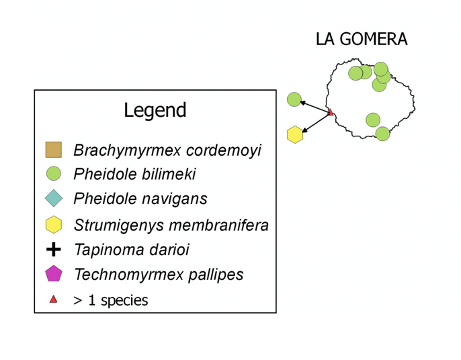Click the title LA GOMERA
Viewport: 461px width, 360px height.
(361, 39)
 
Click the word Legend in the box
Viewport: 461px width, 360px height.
(155, 110)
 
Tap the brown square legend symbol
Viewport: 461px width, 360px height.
(53, 150)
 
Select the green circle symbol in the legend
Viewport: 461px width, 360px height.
(53, 174)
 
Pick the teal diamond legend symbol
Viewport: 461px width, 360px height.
(53, 198)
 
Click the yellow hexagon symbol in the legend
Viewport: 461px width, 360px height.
(53, 224)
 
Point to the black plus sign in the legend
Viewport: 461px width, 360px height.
(53, 250)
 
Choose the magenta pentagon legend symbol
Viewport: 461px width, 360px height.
(53, 274)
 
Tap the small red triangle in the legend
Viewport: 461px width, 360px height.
(53, 300)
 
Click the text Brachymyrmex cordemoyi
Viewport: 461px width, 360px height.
(167, 150)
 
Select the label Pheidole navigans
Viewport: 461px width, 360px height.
(140, 199)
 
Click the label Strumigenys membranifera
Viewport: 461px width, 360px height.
(171, 225)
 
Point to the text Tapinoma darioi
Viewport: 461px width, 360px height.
(131, 250)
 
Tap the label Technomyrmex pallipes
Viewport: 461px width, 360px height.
(159, 275)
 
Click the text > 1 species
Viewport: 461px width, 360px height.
(110, 300)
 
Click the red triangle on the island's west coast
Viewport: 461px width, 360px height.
(330, 112)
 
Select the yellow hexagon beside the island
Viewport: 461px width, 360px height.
(294, 134)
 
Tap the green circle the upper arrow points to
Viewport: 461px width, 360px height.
(294, 99)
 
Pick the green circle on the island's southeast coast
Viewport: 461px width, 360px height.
(382, 134)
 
